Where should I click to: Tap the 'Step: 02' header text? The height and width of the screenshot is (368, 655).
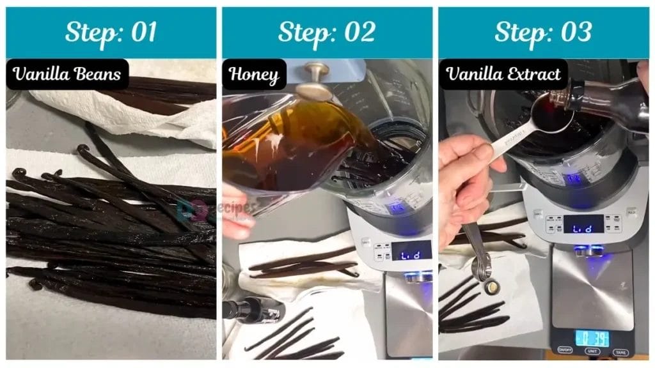(x=327, y=33)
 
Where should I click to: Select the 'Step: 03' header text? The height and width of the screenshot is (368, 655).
(x=543, y=33)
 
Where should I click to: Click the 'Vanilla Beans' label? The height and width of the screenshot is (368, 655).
(x=67, y=74)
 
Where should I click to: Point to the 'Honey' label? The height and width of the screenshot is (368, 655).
(x=255, y=75)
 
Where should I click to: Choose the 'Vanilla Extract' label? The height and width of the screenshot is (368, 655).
(x=504, y=74)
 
